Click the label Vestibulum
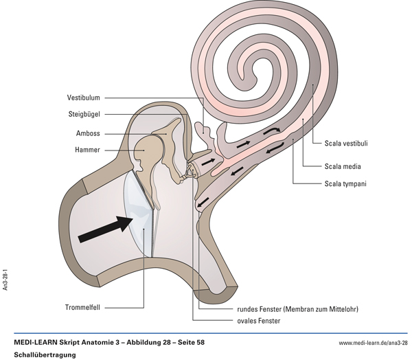(x=84, y=97)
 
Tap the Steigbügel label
(x=86, y=115)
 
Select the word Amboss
(x=89, y=133)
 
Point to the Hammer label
(x=89, y=150)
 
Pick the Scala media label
(x=343, y=166)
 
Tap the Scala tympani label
(x=345, y=183)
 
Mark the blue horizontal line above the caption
(x=206, y=333)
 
